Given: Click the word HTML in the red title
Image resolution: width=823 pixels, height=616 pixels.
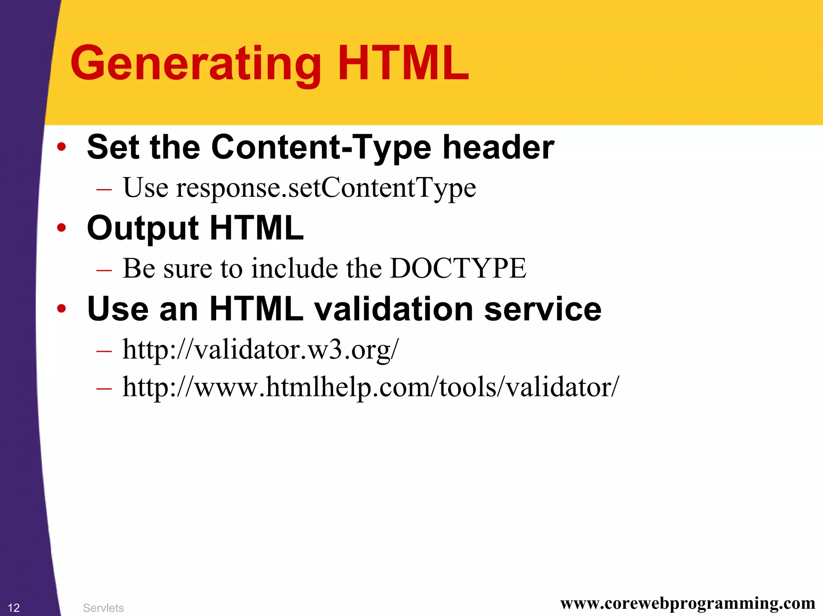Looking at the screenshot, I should [403, 63].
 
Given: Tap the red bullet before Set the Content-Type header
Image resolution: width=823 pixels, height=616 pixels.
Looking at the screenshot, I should [61, 147].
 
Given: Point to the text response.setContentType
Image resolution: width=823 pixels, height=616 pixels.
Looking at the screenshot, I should [326, 188].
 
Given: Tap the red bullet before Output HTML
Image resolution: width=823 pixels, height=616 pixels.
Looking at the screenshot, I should [61, 228].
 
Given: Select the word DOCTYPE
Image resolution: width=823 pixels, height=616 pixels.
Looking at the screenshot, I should [458, 268].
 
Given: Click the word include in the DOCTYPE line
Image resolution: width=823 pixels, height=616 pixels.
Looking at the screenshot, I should [295, 268].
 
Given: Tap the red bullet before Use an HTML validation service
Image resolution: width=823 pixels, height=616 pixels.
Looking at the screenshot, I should [61, 308].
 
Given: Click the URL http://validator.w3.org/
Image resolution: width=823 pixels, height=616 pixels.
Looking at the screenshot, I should [260, 350].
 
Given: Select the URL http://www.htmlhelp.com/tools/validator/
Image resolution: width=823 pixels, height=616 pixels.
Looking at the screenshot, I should [371, 387].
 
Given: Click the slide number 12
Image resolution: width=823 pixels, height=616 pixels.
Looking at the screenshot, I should [14, 608].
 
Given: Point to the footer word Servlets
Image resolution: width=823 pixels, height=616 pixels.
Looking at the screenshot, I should [103, 608].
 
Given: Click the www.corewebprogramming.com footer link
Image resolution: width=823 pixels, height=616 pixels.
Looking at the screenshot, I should [688, 603].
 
